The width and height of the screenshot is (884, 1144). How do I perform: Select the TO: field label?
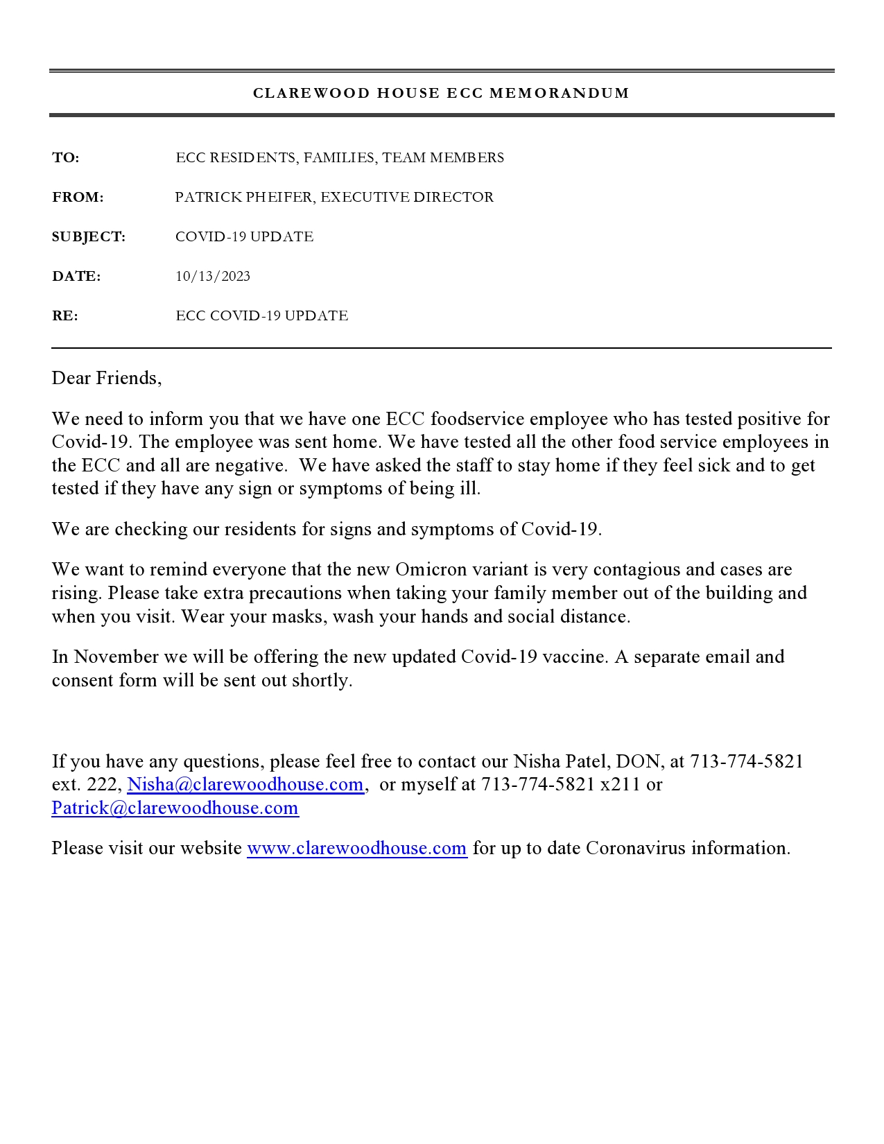click(66, 158)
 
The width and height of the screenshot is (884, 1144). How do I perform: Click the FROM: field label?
click(78, 198)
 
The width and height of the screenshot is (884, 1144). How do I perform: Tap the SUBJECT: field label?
click(89, 237)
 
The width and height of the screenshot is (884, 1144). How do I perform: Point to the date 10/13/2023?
click(213, 277)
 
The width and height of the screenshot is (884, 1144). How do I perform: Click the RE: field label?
click(65, 316)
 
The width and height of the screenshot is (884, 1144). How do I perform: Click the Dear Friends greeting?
click(106, 378)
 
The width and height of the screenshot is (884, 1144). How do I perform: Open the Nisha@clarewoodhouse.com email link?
click(245, 784)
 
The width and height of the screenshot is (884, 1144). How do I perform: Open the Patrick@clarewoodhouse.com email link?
click(175, 808)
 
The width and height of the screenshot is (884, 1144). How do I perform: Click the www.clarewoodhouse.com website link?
click(357, 848)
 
